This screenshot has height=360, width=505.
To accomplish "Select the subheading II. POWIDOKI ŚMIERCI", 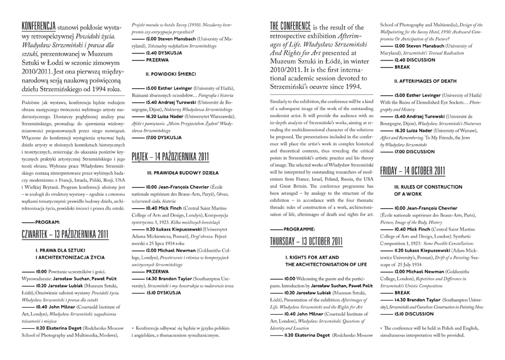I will [x=170, y=75].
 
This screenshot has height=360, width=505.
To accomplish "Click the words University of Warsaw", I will [x=460, y=123].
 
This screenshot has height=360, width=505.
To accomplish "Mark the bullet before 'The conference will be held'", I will [x=382, y=327].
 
